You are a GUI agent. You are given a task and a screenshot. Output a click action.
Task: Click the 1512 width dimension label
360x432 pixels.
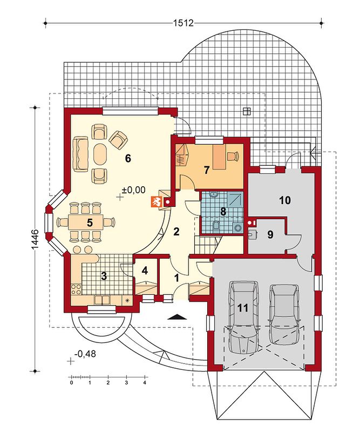(x=184, y=23)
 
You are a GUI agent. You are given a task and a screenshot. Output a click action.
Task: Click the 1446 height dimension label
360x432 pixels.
(x=36, y=240)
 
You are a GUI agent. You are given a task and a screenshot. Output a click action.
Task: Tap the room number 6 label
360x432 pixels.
(x=127, y=158)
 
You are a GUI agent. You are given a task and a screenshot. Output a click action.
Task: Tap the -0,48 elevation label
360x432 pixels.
(x=85, y=354)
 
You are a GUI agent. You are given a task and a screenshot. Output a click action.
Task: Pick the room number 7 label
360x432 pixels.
(x=207, y=170)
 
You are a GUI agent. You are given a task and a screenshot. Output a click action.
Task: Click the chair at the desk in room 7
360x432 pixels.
(x=234, y=156)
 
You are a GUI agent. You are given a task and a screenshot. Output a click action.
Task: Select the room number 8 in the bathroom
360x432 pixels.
(x=222, y=211)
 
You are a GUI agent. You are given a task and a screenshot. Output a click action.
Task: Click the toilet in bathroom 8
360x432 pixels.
(x=216, y=225)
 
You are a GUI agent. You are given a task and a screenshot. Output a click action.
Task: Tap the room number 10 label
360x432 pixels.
(x=285, y=200)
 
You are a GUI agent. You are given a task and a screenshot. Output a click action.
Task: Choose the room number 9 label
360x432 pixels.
(x=270, y=234)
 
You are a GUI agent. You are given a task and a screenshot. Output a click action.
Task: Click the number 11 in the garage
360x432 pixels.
(x=243, y=308)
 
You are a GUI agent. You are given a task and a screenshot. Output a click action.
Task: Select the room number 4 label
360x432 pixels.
(x=145, y=271)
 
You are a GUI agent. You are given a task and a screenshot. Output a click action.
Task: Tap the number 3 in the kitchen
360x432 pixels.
(x=104, y=276)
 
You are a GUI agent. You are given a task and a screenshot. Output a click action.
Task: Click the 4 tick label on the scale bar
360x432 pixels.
(x=144, y=383)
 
